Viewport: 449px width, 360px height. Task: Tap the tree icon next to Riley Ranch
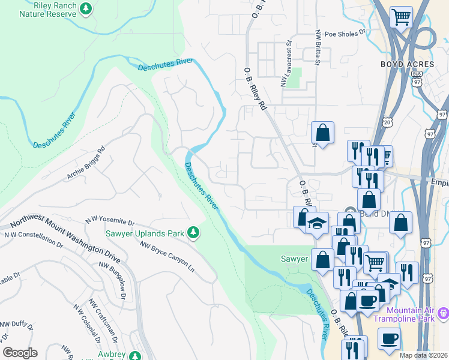(x=86, y=8)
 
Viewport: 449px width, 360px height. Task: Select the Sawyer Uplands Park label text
(x=144, y=232)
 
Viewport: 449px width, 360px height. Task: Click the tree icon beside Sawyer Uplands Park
(x=193, y=232)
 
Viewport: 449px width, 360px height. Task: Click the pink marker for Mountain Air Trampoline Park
(x=444, y=313)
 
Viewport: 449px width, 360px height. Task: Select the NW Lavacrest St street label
(x=286, y=63)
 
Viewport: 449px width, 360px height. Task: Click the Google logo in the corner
(x=20, y=352)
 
